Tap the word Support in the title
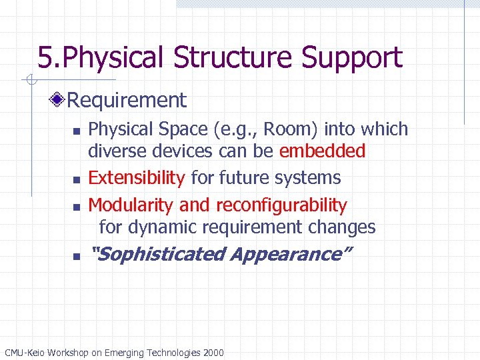[352, 57]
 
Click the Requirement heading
[127, 101]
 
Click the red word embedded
[322, 151]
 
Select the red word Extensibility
[137, 178]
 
